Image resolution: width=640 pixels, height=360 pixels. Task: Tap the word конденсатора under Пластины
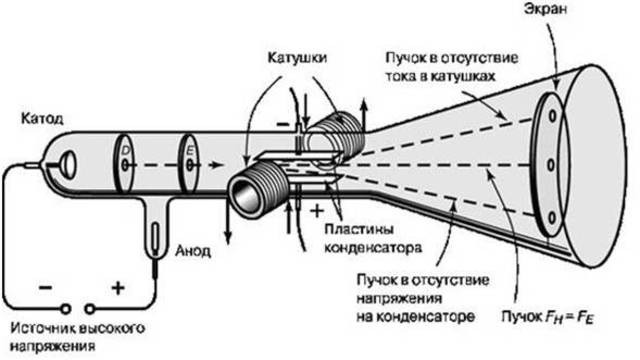[x=367, y=245]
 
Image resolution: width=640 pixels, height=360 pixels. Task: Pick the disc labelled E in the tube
[x=190, y=164]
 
